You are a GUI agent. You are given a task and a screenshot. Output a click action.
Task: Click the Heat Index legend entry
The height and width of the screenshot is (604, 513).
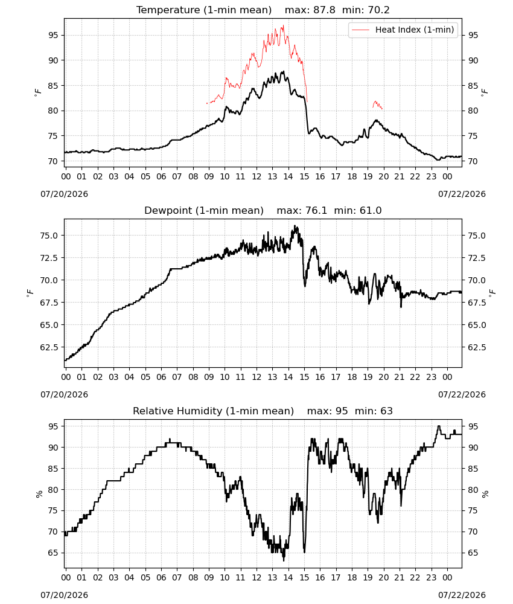pos(403,30)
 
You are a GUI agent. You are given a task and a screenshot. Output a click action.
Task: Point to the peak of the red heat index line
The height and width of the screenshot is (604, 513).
pos(283,26)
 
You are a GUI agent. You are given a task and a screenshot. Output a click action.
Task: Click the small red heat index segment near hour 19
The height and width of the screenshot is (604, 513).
pos(377,104)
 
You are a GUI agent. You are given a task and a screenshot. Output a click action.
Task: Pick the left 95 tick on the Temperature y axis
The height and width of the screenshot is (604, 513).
pos(53,35)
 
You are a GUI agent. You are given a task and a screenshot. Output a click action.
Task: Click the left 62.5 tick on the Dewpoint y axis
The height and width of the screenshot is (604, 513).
pos(49,347)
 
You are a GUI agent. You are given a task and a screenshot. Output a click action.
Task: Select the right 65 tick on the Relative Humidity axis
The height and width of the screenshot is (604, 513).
pos(473,553)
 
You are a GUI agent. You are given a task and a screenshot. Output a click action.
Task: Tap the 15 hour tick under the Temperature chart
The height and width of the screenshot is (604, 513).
pos(304,176)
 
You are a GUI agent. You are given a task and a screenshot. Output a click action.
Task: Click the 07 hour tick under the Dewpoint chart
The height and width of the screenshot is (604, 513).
pos(177,377)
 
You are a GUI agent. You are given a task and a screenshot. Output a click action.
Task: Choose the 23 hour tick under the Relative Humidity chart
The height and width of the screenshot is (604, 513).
pos(431,577)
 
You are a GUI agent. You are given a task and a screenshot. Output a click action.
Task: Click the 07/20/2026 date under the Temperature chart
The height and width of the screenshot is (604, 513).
pos(64,194)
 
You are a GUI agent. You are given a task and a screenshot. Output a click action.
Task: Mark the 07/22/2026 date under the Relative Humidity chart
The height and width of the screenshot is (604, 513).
pos(462,595)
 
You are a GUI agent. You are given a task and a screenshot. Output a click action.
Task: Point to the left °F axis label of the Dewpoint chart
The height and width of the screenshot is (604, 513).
pos(30,294)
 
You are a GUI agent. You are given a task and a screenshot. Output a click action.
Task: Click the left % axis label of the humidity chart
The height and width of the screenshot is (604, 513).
pos(39,494)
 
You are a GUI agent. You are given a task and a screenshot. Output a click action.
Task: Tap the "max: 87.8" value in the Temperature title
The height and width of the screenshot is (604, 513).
pos(310,10)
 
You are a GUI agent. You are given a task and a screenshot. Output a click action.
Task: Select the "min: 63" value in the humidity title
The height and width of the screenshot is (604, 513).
pos(374,411)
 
